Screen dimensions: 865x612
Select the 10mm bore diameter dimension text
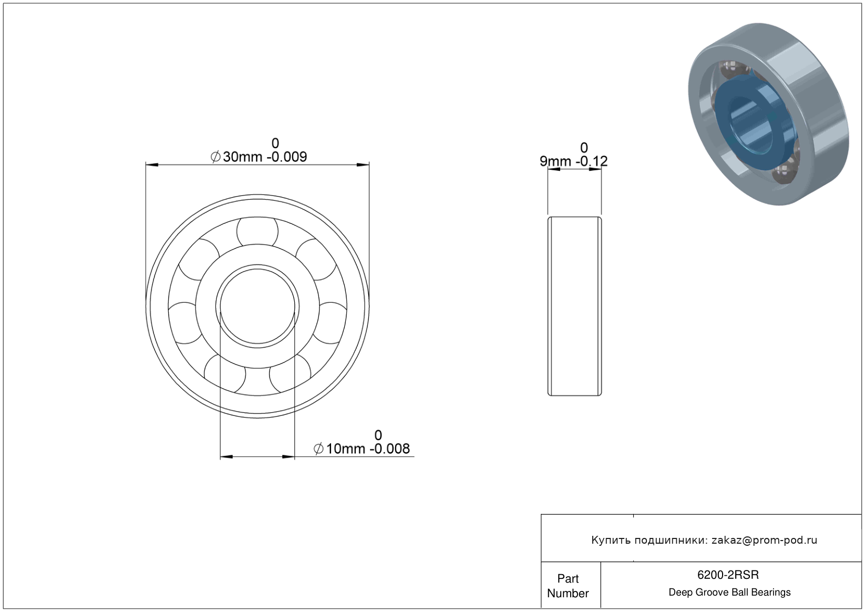tap(362, 442)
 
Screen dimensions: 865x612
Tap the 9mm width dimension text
tap(573, 154)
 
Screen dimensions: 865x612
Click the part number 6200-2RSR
tap(728, 575)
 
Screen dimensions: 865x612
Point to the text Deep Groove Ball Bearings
tap(729, 593)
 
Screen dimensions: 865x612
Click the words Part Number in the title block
tap(568, 586)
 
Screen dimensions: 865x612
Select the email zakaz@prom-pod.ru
tap(764, 540)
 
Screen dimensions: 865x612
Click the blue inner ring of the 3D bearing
tap(722, 123)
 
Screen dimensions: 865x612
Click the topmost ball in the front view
tap(257, 232)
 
